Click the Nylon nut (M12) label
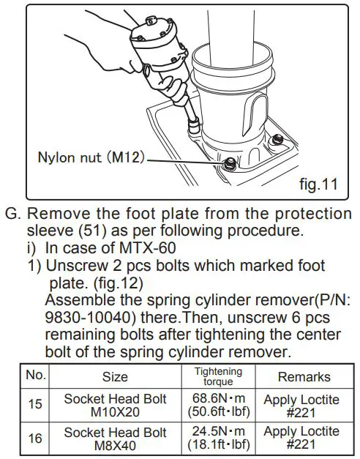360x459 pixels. pyautogui.click(x=92, y=157)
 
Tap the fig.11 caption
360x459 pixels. pyautogui.click(x=318, y=184)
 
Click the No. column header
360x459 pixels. pyautogui.click(x=36, y=376)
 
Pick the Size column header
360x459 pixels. pyautogui.click(x=114, y=376)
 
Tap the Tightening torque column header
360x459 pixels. pyautogui.click(x=217, y=376)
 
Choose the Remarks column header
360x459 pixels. pyautogui.click(x=304, y=376)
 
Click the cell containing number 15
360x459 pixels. pyautogui.click(x=36, y=404)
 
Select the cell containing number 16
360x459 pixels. pyautogui.click(x=36, y=437)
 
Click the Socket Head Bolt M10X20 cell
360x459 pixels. pyautogui.click(x=114, y=405)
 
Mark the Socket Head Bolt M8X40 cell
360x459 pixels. pyautogui.click(x=114, y=438)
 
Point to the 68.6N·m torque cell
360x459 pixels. pyautogui.click(x=217, y=405)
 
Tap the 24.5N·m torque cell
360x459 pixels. pyautogui.click(x=217, y=438)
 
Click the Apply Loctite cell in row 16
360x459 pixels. pyautogui.click(x=304, y=438)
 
